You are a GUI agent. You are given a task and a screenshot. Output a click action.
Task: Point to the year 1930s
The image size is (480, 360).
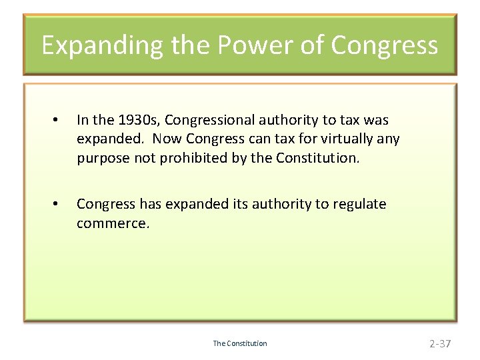click(138, 120)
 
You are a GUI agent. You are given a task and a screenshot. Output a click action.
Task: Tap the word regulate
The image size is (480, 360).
click(359, 204)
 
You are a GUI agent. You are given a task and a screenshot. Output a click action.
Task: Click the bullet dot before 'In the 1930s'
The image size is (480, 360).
click(57, 121)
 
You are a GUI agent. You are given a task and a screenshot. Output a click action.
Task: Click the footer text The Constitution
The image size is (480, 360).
click(240, 343)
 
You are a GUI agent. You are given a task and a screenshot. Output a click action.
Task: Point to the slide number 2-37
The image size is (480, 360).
click(440, 343)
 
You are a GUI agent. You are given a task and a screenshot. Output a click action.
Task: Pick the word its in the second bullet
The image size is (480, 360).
click(231, 204)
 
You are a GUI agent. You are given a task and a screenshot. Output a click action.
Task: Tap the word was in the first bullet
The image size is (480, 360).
click(377, 120)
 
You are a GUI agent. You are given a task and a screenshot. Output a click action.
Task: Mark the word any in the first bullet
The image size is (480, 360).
click(387, 139)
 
